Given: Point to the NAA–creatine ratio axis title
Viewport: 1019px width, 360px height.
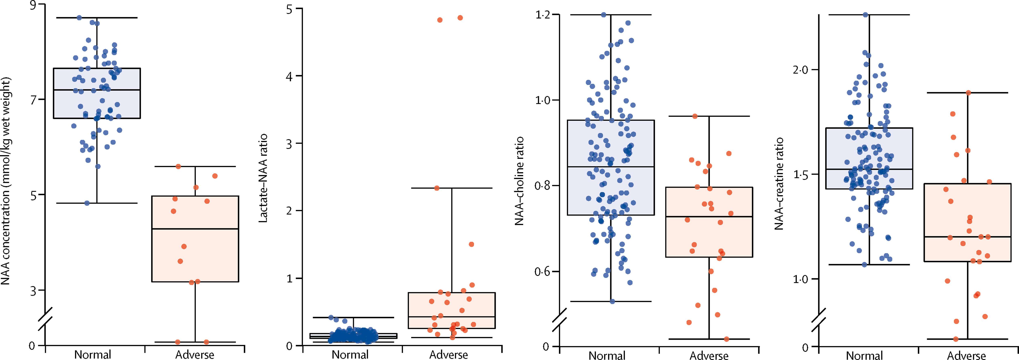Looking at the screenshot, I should [779, 183].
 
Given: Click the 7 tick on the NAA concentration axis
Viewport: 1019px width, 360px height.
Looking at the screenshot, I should [33, 100].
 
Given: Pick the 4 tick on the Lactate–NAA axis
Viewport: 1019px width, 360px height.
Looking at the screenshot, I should [289, 76].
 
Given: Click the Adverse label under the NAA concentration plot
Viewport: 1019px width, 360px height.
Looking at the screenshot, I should [195, 354].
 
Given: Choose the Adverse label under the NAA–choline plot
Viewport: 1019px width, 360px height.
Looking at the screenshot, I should [709, 355].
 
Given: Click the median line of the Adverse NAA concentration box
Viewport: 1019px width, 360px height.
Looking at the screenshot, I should [195, 229].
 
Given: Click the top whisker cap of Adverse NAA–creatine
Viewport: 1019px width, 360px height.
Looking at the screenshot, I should [968, 93].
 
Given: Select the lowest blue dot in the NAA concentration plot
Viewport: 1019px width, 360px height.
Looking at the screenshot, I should [87, 203].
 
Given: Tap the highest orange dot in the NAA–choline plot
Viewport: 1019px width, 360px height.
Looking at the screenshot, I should [695, 116].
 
